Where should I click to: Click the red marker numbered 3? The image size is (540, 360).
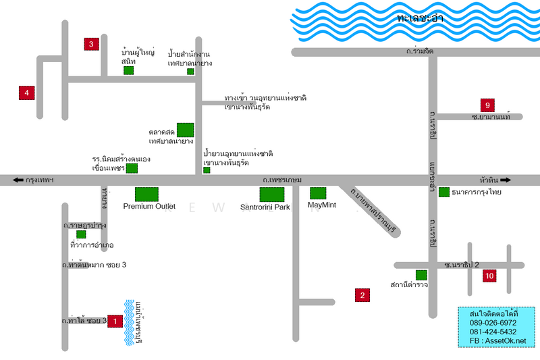coord(92,45)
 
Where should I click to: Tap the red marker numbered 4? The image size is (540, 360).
coord(26,93)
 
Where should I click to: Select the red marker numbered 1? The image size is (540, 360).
coord(115,322)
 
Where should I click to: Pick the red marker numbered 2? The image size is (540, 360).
coord(362,294)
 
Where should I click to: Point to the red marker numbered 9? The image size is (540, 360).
coord(487,105)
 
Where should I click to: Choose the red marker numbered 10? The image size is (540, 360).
coord(489,275)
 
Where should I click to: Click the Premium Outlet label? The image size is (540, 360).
coord(149,207)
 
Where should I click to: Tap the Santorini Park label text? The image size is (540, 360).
coord(265,207)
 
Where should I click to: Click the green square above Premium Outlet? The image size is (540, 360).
coord(146,194)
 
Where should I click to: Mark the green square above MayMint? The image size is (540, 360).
coord(318,193)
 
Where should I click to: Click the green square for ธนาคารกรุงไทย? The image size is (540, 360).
coord(443,192)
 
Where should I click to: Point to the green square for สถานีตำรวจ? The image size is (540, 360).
coord(421,275)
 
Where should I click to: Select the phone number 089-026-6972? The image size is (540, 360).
coord(493,324)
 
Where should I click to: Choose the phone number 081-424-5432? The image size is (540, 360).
coord(493,332)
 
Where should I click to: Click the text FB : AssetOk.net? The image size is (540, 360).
coord(497,341)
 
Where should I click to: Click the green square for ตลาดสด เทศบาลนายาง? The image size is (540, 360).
coord(185,130)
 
